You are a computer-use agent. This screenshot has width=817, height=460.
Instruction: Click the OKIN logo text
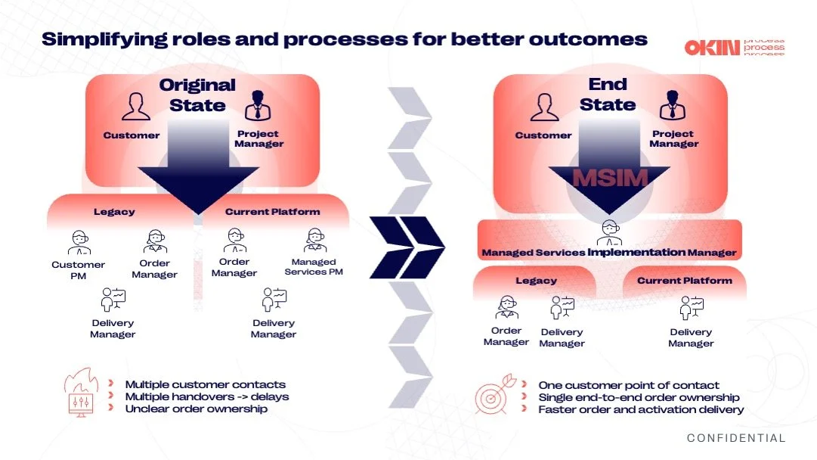pyautogui.click(x=712, y=47)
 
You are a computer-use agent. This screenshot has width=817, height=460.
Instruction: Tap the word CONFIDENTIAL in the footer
pyautogui.click(x=736, y=438)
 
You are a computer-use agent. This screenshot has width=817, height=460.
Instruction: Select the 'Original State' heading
pyautogui.click(x=197, y=95)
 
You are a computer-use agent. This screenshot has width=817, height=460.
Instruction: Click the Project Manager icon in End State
pyautogui.click(x=672, y=106)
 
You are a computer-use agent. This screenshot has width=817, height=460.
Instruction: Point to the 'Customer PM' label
pyautogui.click(x=79, y=270)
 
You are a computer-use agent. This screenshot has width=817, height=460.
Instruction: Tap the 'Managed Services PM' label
pyautogui.click(x=314, y=266)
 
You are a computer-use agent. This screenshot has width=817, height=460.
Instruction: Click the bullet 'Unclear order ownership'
pyautogui.click(x=197, y=409)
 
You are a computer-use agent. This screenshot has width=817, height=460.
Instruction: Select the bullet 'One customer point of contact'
pyautogui.click(x=629, y=385)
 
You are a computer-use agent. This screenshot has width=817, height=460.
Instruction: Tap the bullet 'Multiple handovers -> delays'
pyautogui.click(x=207, y=396)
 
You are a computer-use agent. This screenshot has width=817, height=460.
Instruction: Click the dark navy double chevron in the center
pyautogui.click(x=408, y=247)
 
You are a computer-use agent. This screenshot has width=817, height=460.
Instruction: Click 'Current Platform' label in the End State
pyautogui.click(x=684, y=281)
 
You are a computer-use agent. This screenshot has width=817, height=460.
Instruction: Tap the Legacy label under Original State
pyautogui.click(x=114, y=212)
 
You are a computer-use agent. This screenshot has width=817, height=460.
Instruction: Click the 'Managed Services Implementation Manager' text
pyautogui.click(x=608, y=252)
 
